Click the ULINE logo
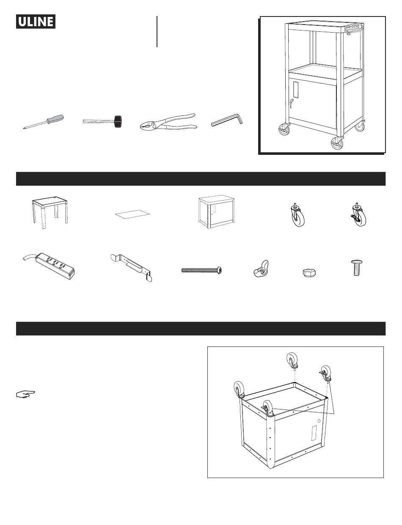36,22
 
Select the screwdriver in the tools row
44,122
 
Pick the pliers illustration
168,122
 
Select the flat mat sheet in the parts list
132,214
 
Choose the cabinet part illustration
216,212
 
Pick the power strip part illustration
49,266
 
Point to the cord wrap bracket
132,267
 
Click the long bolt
202,270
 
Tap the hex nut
309,273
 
